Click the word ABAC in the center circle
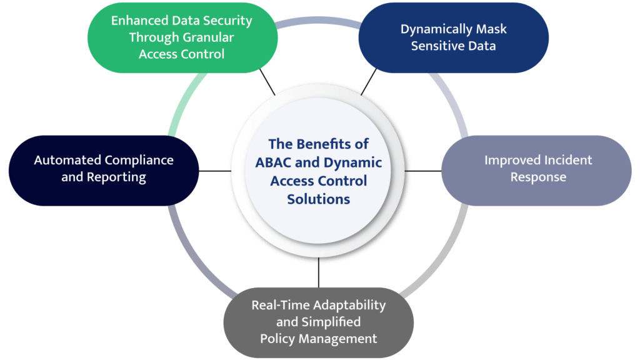point(273,162)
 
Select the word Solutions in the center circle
point(319,199)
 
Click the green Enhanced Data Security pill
point(181,37)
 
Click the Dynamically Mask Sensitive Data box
point(453,38)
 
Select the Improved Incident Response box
point(537,169)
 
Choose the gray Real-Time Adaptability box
point(319,322)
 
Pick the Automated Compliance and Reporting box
point(104,169)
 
